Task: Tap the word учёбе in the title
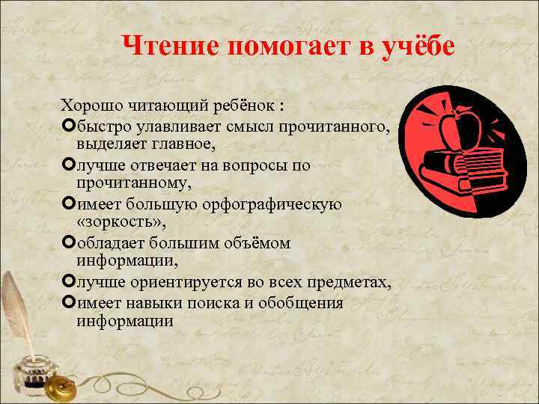click(412, 46)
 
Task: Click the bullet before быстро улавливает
click(69, 125)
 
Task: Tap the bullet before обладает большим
click(69, 243)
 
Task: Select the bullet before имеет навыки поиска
click(69, 303)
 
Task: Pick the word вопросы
click(252, 164)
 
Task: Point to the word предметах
click(347, 283)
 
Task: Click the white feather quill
click(16, 307)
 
